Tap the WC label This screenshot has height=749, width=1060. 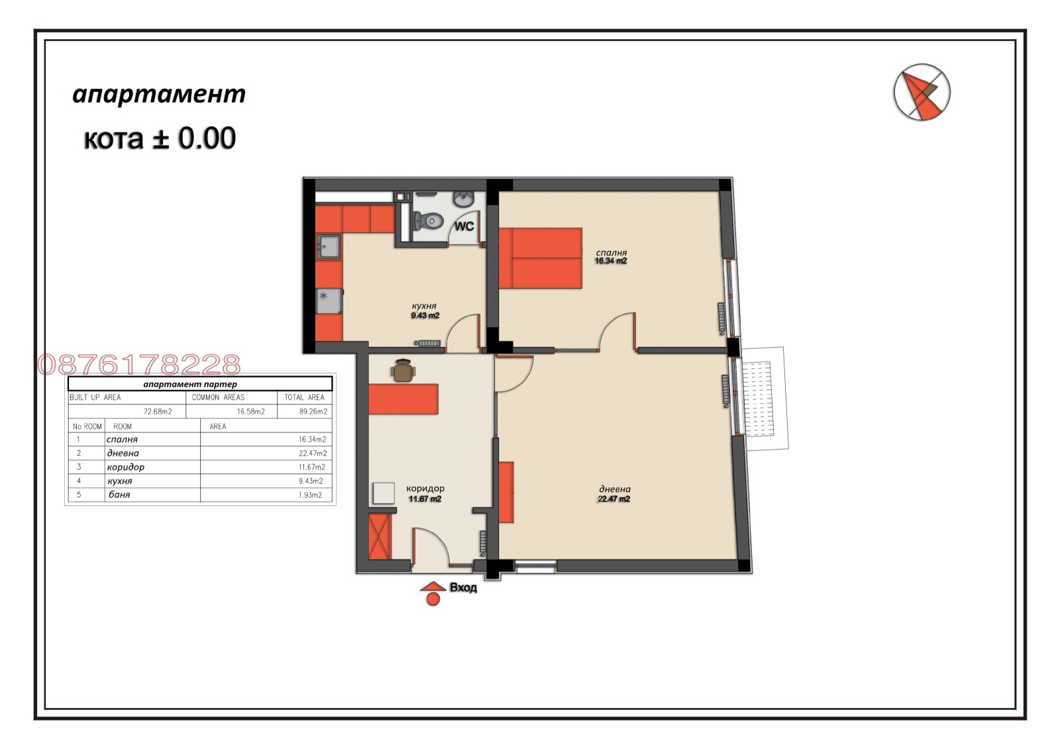pyautogui.click(x=464, y=226)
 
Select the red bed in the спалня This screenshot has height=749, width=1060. pyautogui.click(x=541, y=258)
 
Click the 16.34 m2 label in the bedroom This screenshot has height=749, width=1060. pyautogui.click(x=611, y=261)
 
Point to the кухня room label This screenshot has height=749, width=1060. pyautogui.click(x=424, y=306)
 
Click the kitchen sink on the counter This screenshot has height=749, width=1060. pyautogui.click(x=329, y=247)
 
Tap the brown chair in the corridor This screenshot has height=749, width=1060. pyautogui.click(x=403, y=371)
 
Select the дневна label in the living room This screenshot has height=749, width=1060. pyautogui.click(x=613, y=489)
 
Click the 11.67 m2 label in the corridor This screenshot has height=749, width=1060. pyautogui.click(x=425, y=499)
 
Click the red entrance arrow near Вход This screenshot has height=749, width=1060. pyautogui.click(x=433, y=587)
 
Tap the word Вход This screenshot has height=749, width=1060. pyautogui.click(x=463, y=587)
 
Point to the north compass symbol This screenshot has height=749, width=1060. pyautogui.click(x=922, y=93)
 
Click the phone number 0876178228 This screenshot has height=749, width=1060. pyautogui.click(x=139, y=365)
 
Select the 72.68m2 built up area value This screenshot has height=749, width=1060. pyautogui.click(x=158, y=411)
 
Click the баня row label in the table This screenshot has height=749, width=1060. pyautogui.click(x=119, y=495)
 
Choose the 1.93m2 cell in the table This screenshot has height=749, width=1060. pyautogui.click(x=311, y=495)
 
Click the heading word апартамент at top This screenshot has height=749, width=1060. pyautogui.click(x=159, y=94)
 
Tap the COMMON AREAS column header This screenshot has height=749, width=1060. pyautogui.click(x=218, y=397)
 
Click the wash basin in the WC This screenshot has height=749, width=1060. pyautogui.click(x=462, y=198)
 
